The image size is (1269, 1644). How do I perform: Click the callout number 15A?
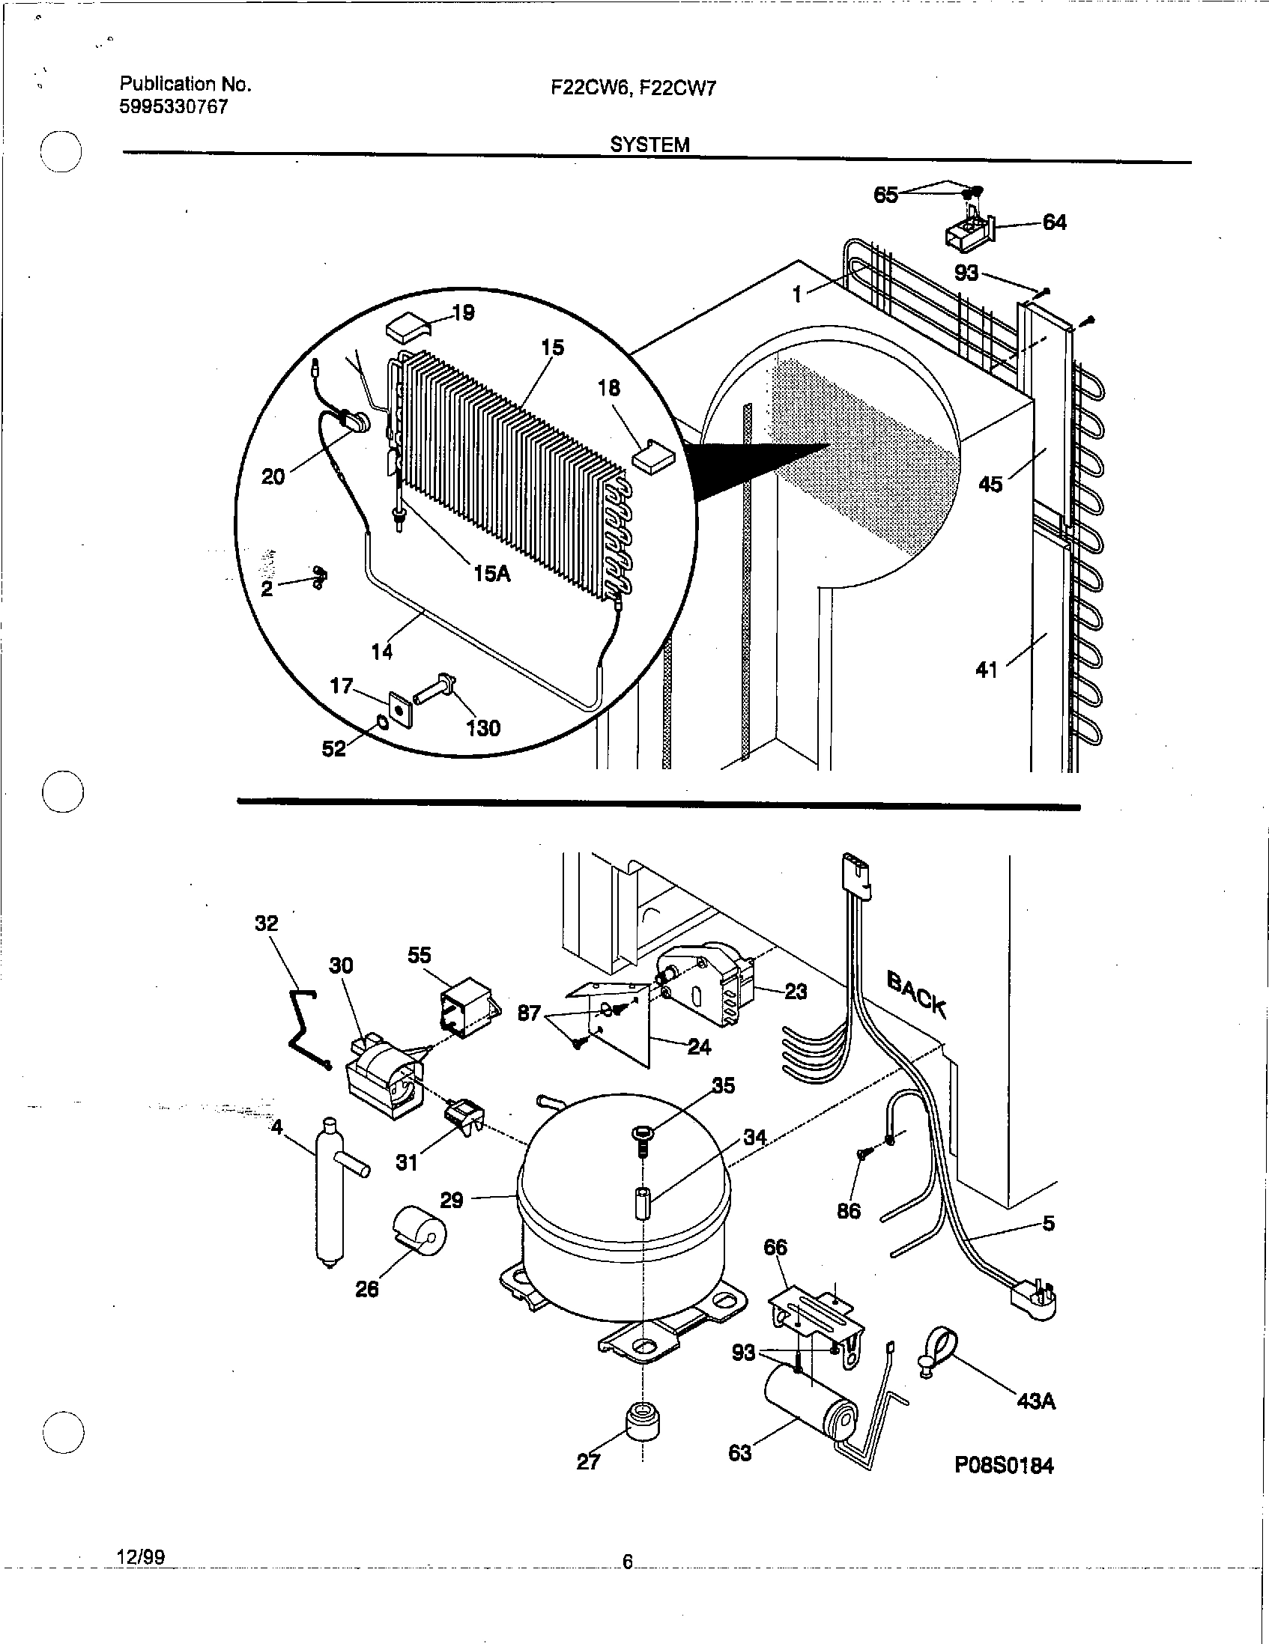pos(491,574)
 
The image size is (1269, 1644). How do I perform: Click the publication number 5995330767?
pos(173,107)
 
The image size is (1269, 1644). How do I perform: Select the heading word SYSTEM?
pos(649,145)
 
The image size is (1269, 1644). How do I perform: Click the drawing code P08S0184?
pos(1004,1466)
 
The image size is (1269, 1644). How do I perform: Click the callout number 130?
pos(482,728)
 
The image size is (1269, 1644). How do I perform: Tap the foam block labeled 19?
pos(408,328)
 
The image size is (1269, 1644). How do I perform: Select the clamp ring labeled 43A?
pos(937,1351)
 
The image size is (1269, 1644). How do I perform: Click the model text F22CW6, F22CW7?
pos(633,88)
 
